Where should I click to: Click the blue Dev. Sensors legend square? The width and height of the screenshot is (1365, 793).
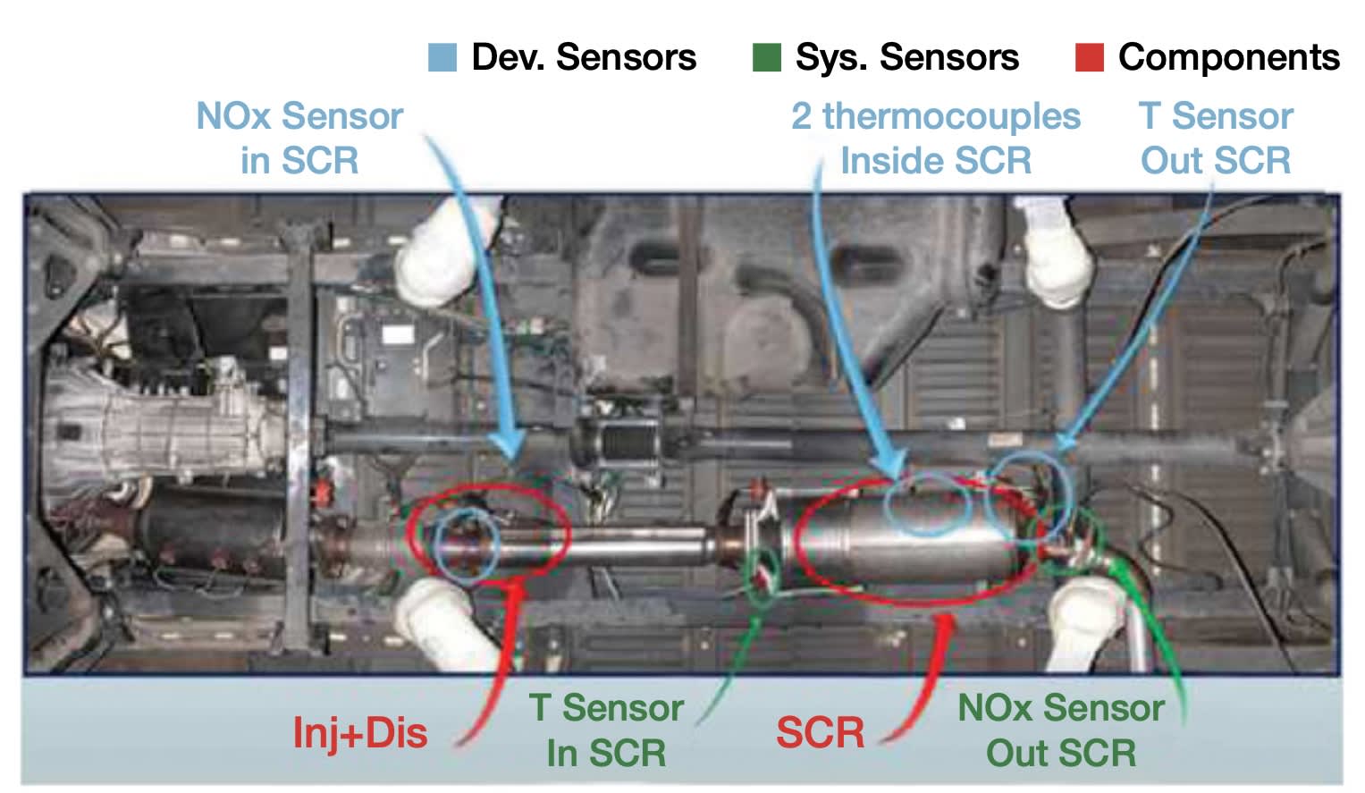[x=442, y=57]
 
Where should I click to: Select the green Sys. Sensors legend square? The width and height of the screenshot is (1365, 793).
[x=766, y=57]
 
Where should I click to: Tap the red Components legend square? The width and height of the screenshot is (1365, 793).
[x=1089, y=57]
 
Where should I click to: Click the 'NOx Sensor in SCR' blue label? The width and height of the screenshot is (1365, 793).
[x=299, y=139]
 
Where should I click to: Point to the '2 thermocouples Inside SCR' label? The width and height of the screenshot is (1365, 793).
[x=935, y=139]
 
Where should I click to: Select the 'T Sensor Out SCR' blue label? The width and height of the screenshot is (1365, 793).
[x=1216, y=139]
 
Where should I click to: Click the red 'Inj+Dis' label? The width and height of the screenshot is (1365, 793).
[x=360, y=733]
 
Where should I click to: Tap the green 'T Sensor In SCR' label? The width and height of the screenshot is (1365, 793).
[x=607, y=730]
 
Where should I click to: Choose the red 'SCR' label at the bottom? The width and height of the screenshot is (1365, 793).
[x=820, y=733]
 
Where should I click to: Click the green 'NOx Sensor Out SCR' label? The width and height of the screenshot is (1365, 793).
[x=1061, y=730]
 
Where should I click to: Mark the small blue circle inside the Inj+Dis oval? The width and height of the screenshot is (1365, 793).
[x=466, y=547]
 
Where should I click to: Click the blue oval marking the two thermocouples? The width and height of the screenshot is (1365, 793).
[x=927, y=504]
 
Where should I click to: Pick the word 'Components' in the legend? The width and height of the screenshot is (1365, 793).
[x=1229, y=57]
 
